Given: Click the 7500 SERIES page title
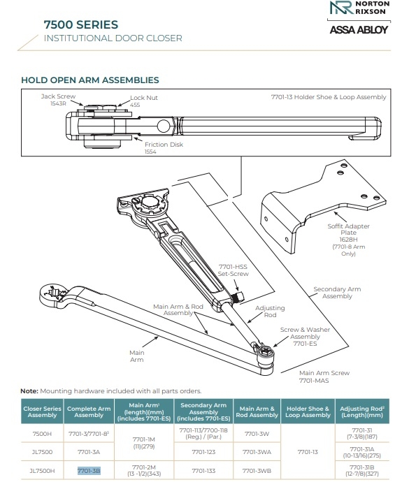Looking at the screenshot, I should coord(80,25).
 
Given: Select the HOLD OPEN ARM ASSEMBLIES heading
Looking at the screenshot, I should coord(90,81).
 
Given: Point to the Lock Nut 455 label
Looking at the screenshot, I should coord(143,101).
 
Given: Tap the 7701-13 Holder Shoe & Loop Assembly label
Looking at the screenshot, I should coord(328,97).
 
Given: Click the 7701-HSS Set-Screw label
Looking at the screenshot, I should coord(234,270).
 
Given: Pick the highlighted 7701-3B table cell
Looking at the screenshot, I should coord(89,472).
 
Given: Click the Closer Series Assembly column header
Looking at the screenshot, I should coord(42,411).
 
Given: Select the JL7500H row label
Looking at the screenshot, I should coord(42,472).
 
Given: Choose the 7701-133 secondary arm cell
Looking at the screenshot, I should coord(203,472).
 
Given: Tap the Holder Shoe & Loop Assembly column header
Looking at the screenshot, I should coord(308,411).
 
